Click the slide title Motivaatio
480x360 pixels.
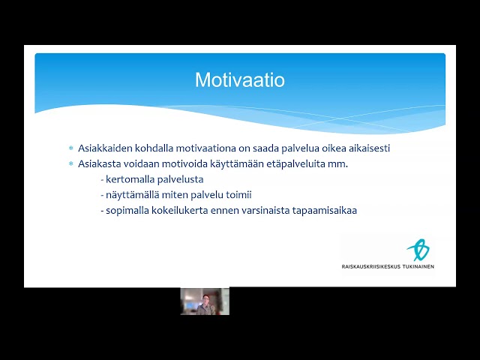click(240, 80)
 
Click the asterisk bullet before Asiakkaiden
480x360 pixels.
click(71, 148)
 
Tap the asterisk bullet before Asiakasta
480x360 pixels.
click(71, 164)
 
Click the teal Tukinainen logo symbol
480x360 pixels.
click(418, 250)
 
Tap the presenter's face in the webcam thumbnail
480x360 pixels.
click(205, 298)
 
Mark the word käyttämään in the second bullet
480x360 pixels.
click(237, 164)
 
